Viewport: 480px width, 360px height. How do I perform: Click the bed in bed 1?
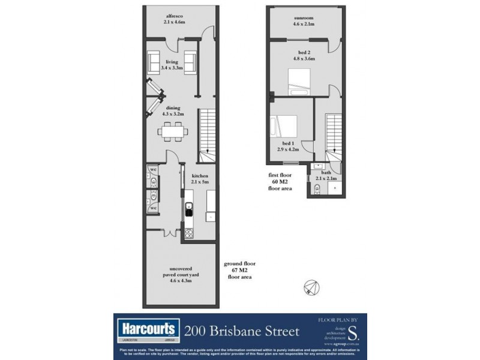point(286,127)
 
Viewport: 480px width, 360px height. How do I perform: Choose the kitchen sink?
point(188,210)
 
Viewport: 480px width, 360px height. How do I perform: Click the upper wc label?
point(153,169)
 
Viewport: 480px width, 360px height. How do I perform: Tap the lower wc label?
point(153,208)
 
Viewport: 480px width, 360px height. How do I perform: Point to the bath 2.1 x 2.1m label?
point(326,175)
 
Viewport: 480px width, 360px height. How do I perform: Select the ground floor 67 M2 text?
point(238,271)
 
